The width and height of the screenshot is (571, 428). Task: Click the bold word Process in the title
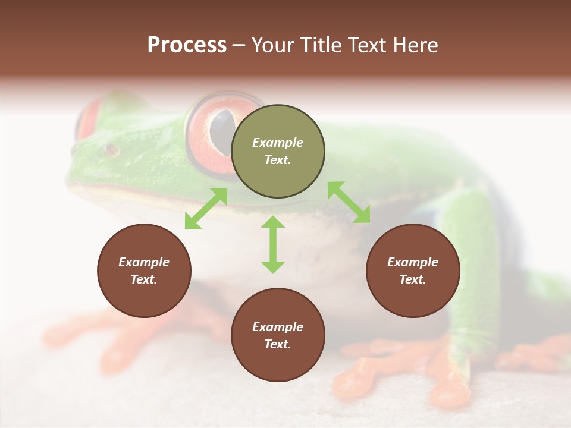coord(187,45)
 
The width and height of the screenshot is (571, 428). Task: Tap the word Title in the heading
coord(318,45)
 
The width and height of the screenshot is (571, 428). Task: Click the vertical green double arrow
coord(273,244)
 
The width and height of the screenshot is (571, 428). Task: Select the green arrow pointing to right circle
coord(349,202)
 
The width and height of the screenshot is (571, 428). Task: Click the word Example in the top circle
coord(278,143)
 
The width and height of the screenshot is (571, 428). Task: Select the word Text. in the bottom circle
coord(278,344)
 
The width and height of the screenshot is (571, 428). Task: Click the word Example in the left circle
coord(144,262)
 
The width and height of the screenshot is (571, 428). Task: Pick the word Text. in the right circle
coord(413,279)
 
